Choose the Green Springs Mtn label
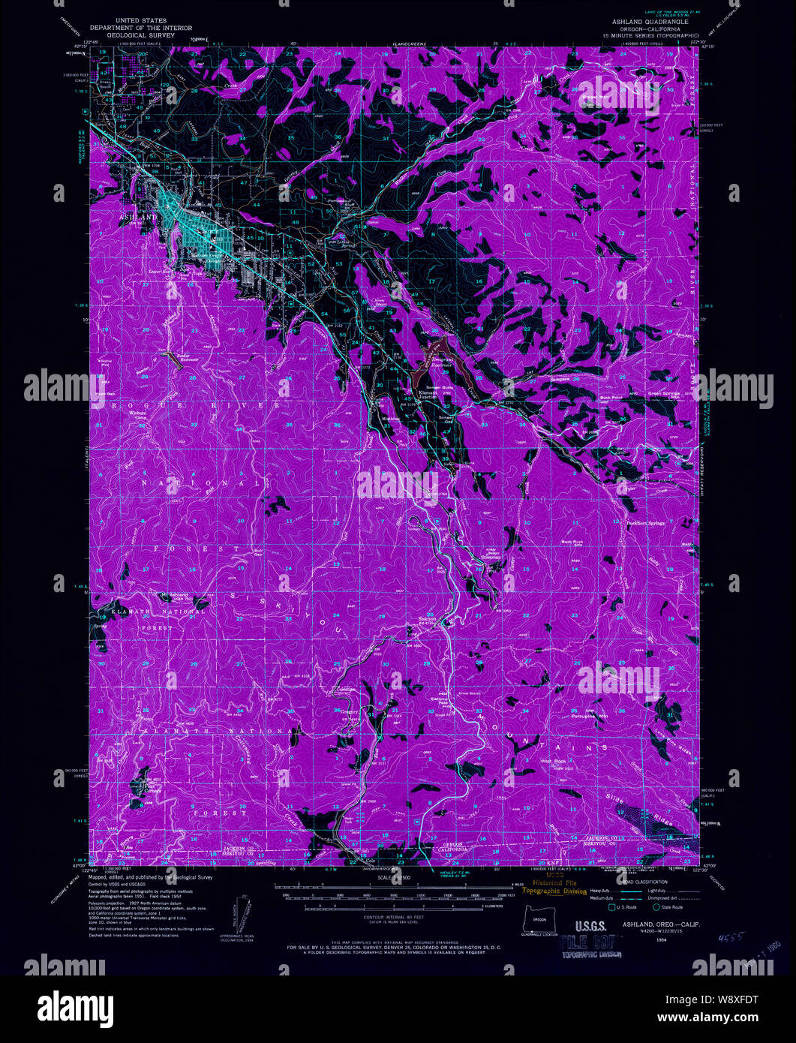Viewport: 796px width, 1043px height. tap(664, 393)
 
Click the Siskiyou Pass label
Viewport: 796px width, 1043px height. tap(425, 619)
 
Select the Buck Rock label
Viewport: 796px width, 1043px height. tap(572, 541)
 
